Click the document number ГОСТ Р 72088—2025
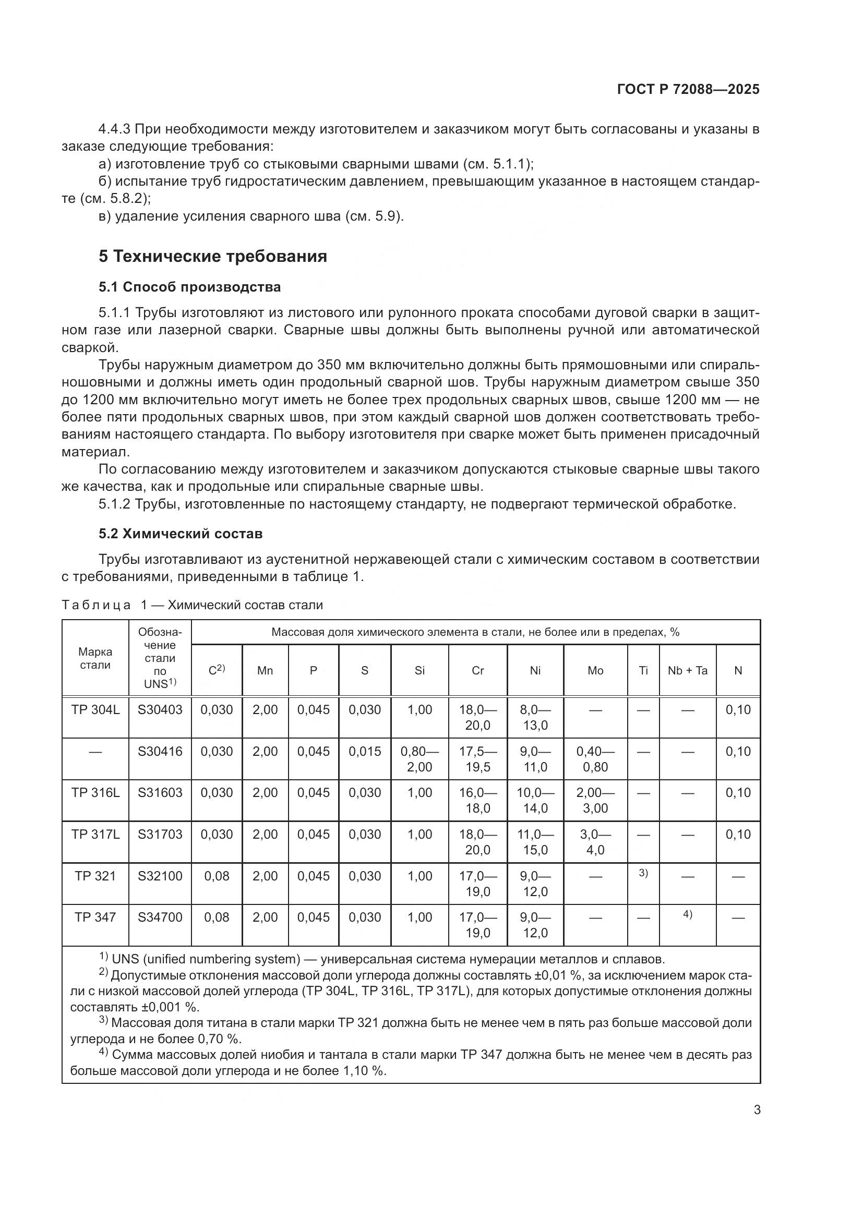click(x=688, y=89)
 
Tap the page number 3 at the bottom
click(x=757, y=1110)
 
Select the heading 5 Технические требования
click(x=212, y=257)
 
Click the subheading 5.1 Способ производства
click(x=190, y=287)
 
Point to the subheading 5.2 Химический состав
click(x=181, y=534)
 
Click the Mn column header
click(x=265, y=671)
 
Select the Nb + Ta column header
click(x=688, y=671)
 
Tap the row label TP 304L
click(x=95, y=710)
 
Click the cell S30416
click(x=160, y=751)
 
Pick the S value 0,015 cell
click(x=365, y=751)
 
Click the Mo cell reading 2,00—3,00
click(x=595, y=800)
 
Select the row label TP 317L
click(x=95, y=834)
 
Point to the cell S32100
click(x=160, y=876)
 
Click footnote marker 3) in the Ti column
click(x=643, y=873)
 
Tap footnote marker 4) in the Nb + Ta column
click(x=688, y=914)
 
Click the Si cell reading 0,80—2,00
click(x=420, y=759)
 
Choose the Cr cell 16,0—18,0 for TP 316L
click(x=478, y=800)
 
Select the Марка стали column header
click(x=95, y=658)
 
